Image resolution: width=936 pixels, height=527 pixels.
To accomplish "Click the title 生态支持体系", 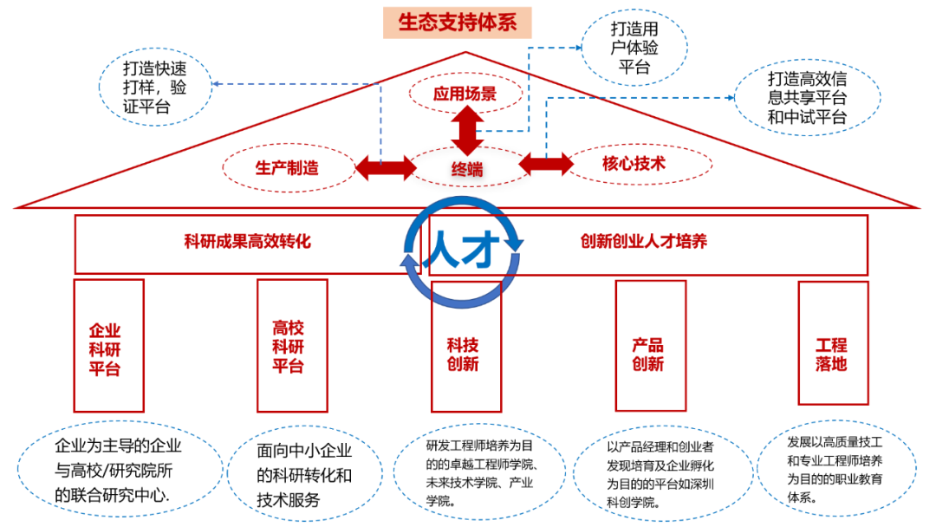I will pyautogui.click(x=457, y=23).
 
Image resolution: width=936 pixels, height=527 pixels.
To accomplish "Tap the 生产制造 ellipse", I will pyautogui.click(x=288, y=167).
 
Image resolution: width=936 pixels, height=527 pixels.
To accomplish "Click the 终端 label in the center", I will pyautogui.click(x=467, y=169).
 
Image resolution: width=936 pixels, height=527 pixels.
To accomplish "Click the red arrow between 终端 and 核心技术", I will pyautogui.click(x=546, y=164).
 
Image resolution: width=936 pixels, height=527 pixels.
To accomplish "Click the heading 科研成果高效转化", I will pyautogui.click(x=247, y=241).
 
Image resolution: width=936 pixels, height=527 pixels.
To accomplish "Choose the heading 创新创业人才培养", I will pyautogui.click(x=644, y=241).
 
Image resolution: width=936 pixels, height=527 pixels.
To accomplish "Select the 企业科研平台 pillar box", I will pyautogui.click(x=108, y=345).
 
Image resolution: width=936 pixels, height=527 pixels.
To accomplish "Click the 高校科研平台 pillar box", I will pyautogui.click(x=292, y=345).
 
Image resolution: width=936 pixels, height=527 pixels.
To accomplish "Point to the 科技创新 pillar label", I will pyautogui.click(x=465, y=354).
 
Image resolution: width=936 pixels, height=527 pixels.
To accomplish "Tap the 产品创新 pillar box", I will pyautogui.click(x=650, y=345).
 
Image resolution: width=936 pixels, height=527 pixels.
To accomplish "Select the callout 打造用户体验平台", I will pyautogui.click(x=634, y=49).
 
